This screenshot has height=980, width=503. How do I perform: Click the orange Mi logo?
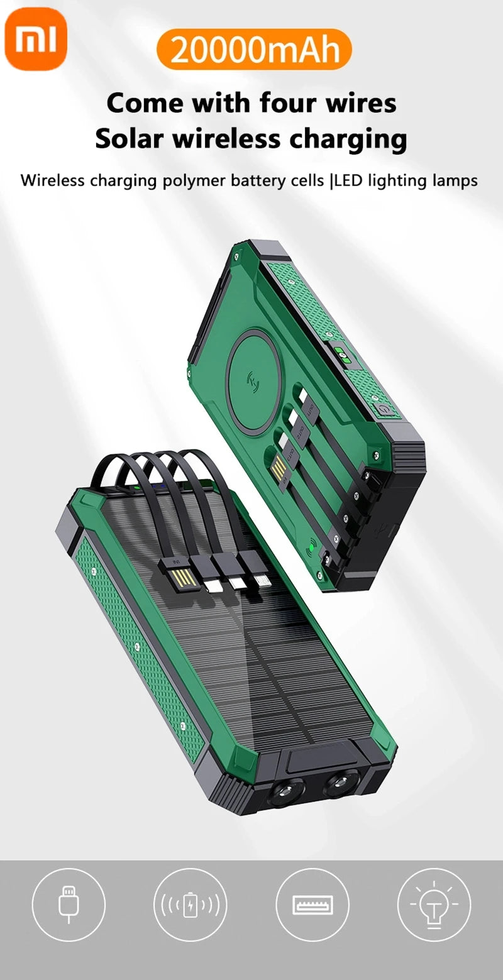coord(36,38)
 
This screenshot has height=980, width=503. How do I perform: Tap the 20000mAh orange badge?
coord(255,50)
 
